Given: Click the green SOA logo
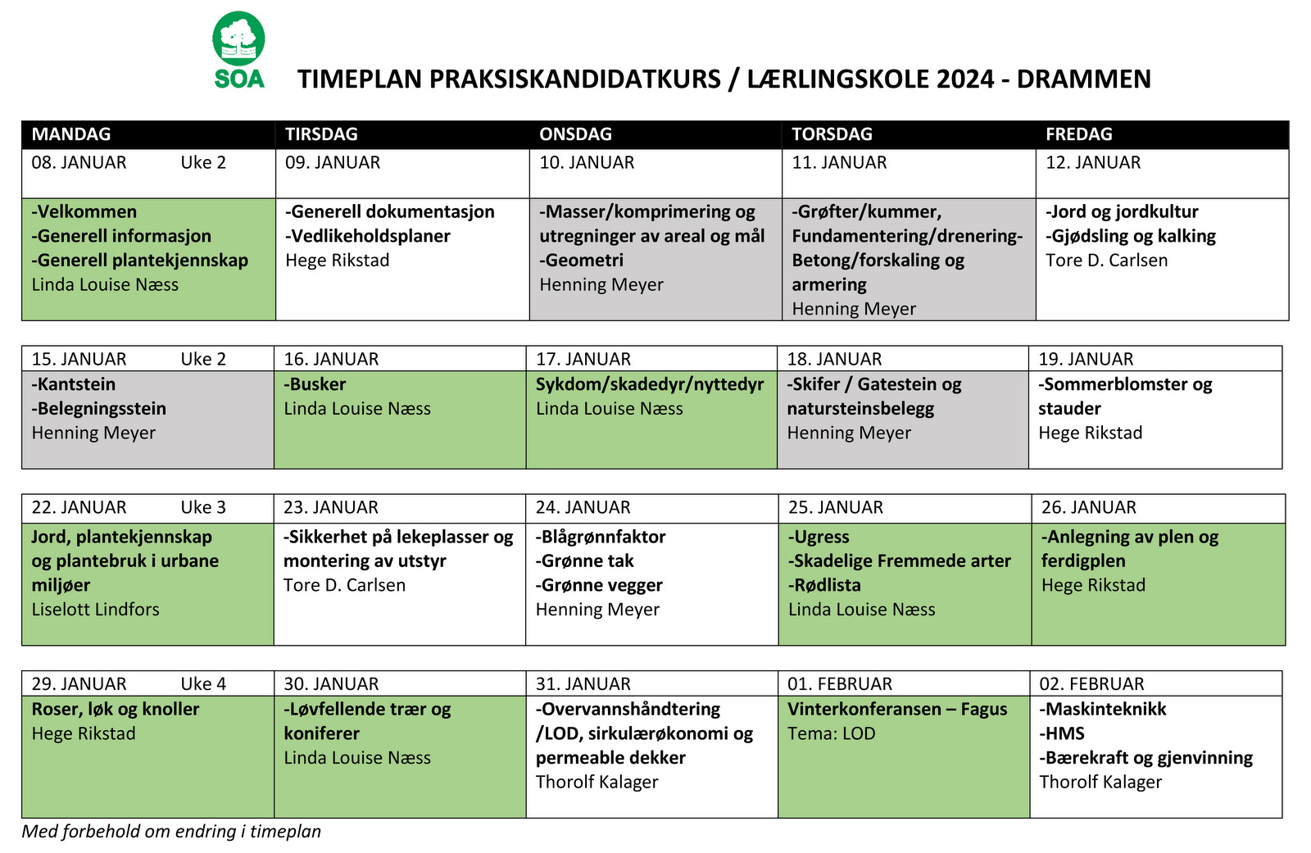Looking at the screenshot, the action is pyautogui.click(x=238, y=49).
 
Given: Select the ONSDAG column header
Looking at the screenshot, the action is pyautogui.click(x=575, y=134).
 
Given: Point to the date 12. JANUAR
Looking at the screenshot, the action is pyautogui.click(x=1092, y=162).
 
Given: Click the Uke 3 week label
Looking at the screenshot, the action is pyautogui.click(x=203, y=507).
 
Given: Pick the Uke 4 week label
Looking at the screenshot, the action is pyautogui.click(x=203, y=683).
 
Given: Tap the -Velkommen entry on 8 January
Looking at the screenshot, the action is pyautogui.click(x=84, y=211).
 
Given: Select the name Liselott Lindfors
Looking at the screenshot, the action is pyautogui.click(x=95, y=609).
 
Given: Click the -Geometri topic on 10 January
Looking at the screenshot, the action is pyautogui.click(x=581, y=260).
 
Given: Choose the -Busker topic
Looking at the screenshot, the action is pyautogui.click(x=315, y=384).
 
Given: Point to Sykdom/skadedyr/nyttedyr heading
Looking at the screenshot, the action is pyautogui.click(x=649, y=384).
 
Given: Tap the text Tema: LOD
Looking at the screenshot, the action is pyautogui.click(x=831, y=733).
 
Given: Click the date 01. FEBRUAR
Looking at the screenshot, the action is pyautogui.click(x=839, y=683).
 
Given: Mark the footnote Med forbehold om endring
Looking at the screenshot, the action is pyautogui.click(x=171, y=831).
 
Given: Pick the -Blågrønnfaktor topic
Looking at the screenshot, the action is pyautogui.click(x=601, y=537).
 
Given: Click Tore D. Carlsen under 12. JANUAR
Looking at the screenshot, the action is pyautogui.click(x=1106, y=260).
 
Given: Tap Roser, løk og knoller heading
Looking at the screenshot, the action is pyautogui.click(x=116, y=709).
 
